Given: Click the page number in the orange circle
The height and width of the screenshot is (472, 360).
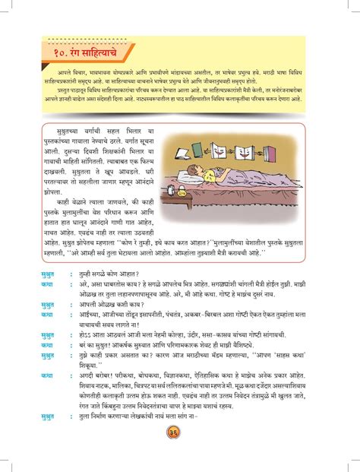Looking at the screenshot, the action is (181, 454).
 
